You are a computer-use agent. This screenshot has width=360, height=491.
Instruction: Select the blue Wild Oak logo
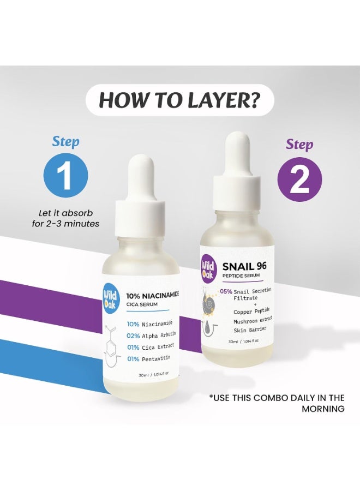[x=110, y=300]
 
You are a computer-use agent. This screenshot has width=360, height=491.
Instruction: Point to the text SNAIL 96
[x=244, y=266]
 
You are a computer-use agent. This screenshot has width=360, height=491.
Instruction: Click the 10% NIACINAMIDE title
[x=152, y=295]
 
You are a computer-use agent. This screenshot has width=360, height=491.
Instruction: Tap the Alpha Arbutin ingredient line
[x=151, y=336]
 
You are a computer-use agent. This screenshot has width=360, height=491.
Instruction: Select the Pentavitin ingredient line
[x=149, y=358]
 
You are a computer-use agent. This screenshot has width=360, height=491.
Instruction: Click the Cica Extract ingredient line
[x=150, y=347]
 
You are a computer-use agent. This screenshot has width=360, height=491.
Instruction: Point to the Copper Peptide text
[x=251, y=312]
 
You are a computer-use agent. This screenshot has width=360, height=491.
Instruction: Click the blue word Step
[x=66, y=141]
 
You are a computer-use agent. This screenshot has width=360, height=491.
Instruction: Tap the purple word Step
[x=299, y=145]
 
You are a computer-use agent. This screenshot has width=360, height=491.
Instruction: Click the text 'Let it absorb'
[x=66, y=213]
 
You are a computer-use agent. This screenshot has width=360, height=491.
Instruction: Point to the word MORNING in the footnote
[x=323, y=409]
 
